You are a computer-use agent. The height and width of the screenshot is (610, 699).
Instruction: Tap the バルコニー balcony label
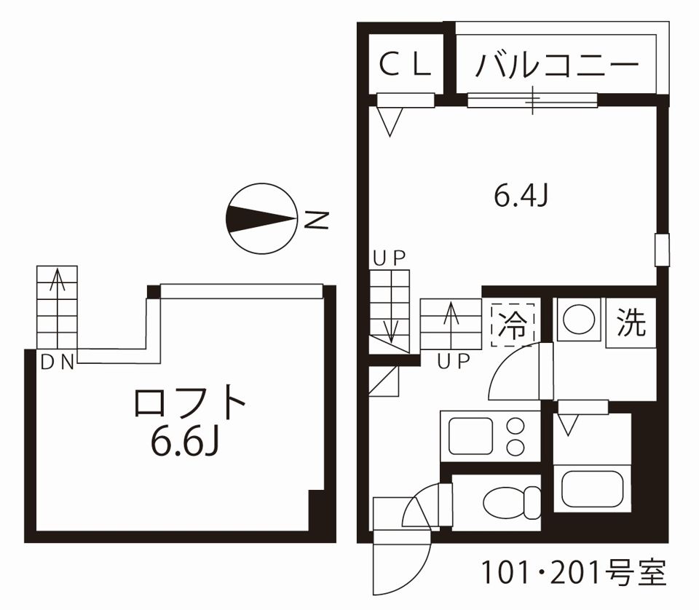point(557,66)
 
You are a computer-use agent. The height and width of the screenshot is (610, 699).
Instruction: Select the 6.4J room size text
point(521,196)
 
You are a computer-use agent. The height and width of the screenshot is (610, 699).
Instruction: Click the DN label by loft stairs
point(58,362)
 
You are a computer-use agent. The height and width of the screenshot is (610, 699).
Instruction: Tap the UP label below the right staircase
point(454,361)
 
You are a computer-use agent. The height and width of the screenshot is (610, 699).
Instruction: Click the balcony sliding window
point(532,100)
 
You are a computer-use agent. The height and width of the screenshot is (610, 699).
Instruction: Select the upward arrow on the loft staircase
point(57,298)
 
